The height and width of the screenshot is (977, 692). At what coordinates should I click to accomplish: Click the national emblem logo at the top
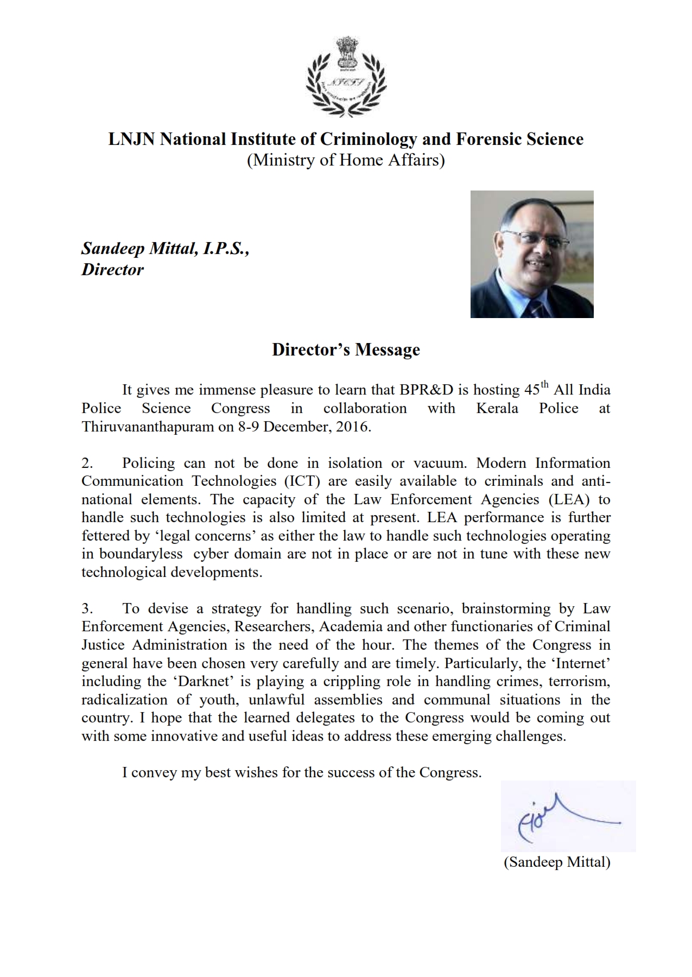click(x=346, y=77)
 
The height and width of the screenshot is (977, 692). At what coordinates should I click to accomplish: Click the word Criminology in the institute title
click(x=369, y=139)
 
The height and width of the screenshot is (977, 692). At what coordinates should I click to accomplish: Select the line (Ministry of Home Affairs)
click(x=346, y=161)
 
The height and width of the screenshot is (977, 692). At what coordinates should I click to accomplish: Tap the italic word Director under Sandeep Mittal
click(x=113, y=270)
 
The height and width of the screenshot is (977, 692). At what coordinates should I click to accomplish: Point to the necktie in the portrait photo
click(x=537, y=308)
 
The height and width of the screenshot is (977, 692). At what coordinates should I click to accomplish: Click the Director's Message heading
click(x=346, y=350)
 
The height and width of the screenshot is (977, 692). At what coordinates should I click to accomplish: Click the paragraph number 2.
click(x=87, y=464)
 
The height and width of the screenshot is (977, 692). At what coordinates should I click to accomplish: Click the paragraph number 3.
click(x=87, y=609)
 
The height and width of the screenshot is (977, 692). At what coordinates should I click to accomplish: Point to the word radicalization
click(x=124, y=700)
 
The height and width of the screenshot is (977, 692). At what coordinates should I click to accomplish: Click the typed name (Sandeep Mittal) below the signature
click(x=557, y=862)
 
